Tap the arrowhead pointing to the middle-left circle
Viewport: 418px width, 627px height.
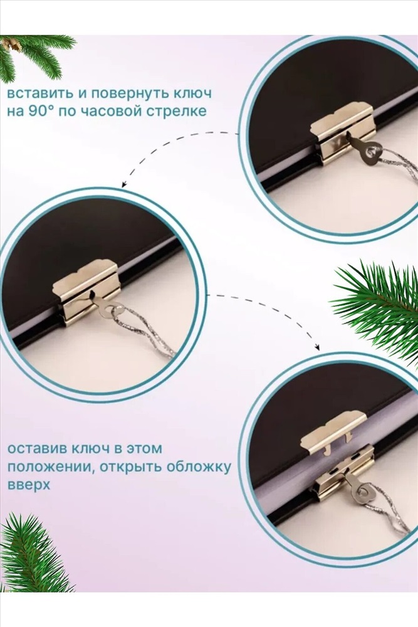(x=124, y=184)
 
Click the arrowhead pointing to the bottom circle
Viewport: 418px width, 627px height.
(x=317, y=347)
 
